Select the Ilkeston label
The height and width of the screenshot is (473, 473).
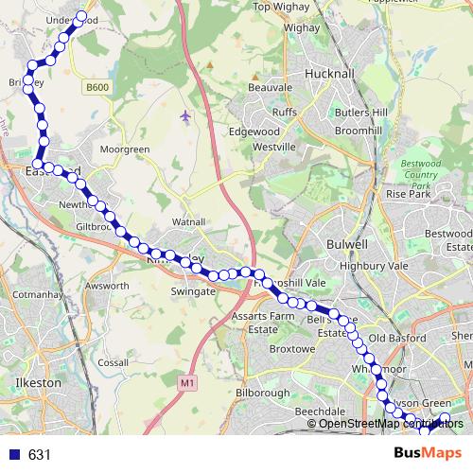tap(39, 382)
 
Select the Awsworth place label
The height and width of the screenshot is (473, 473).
tap(106, 284)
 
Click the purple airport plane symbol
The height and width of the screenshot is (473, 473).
tap(184, 116)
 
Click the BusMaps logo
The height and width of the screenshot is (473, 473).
tap(429, 454)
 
